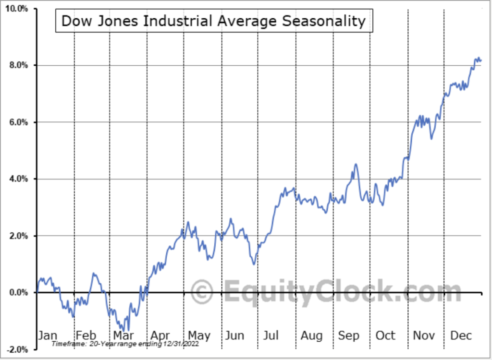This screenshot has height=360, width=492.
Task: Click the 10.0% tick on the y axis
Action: tap(17, 9)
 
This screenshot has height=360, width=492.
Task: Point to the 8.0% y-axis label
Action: tap(19, 65)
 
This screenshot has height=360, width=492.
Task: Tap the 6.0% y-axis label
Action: tap(19, 122)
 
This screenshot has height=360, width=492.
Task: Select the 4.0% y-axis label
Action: tap(19, 179)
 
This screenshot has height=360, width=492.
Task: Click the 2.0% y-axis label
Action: tap(19, 236)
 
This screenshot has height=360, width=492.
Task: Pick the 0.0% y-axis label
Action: tap(19, 292)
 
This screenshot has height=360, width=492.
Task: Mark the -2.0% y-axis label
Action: tap(18, 349)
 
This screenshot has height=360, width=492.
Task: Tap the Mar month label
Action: tap(124, 335)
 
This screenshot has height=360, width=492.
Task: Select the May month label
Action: tap(199, 335)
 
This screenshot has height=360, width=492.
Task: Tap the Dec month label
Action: tap(461, 335)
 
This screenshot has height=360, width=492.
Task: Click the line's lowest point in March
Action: tap(128, 331)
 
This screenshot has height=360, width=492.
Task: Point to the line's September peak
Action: tap(356, 164)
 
